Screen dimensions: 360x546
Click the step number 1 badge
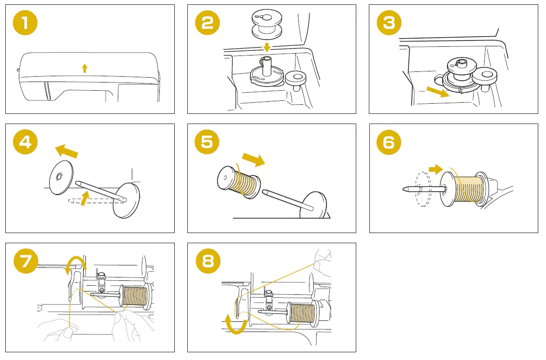tap(26, 23)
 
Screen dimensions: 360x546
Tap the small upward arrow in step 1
tap(85, 68)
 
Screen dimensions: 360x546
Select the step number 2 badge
tap(208, 23)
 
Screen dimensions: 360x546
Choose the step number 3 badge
tap(389, 23)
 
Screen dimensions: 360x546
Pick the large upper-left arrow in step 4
tap(66, 151)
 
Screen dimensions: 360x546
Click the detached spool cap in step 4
tap(61, 178)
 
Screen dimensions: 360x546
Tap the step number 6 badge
tap(389, 142)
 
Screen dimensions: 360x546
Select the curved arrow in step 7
tap(76, 264)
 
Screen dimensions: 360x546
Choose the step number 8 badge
tap(208, 262)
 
